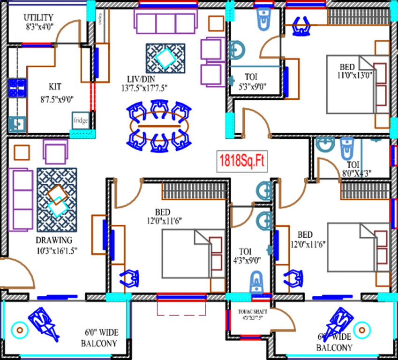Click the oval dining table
[159, 127]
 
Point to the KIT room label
[55, 87]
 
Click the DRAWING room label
[54, 240]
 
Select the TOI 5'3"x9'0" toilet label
[250, 76]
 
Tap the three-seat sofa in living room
[165, 20]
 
